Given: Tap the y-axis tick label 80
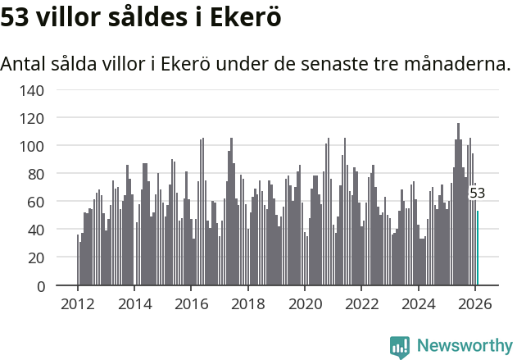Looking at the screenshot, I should point(36,174).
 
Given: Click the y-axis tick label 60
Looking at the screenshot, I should point(36,202).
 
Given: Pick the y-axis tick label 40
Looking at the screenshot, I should point(36,230).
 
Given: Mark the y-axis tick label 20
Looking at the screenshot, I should point(36,257).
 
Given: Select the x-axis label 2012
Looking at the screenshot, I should point(78,304).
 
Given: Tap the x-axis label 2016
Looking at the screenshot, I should point(191,304).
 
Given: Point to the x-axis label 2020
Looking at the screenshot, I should point(305,304).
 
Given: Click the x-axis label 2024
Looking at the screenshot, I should point(419,304).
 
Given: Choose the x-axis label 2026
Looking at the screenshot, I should point(475,304).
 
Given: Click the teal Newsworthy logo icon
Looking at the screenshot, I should point(400,347).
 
